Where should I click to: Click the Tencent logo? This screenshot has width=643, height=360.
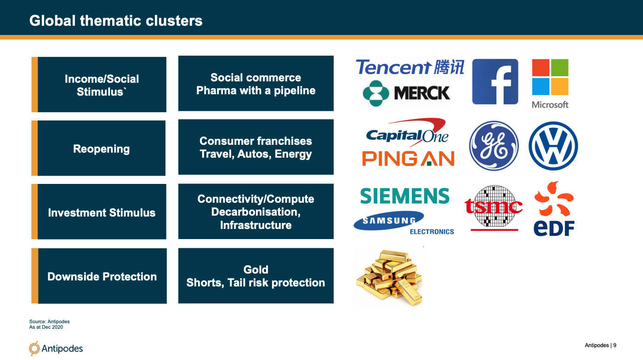[x=410, y=67]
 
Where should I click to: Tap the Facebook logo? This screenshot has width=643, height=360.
[x=495, y=82]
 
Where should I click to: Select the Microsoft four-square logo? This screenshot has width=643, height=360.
[x=550, y=77]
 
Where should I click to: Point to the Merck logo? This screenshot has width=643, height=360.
[x=406, y=93]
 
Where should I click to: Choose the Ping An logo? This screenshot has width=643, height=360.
[x=408, y=159]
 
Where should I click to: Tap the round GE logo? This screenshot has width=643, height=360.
[x=494, y=146]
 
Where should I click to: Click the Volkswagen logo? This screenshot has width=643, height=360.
[x=553, y=146]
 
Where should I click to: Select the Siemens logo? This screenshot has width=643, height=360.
[x=405, y=196]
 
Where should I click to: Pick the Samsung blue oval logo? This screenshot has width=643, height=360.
[x=389, y=221]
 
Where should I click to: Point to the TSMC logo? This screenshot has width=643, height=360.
[x=494, y=208]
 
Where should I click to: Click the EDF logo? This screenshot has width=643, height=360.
[x=554, y=209]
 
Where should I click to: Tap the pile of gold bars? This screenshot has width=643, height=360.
[x=389, y=277]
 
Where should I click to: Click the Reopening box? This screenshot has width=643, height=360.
[x=98, y=148]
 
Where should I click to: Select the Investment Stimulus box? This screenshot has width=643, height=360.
[x=99, y=211]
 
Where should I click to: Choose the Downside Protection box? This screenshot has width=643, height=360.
[x=99, y=276]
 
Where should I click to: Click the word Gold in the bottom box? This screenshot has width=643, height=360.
[x=256, y=269]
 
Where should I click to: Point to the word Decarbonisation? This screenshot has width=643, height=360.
[x=256, y=212]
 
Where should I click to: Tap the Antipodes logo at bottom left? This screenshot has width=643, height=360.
[x=56, y=348]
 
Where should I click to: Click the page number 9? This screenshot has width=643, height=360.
[x=615, y=345]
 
